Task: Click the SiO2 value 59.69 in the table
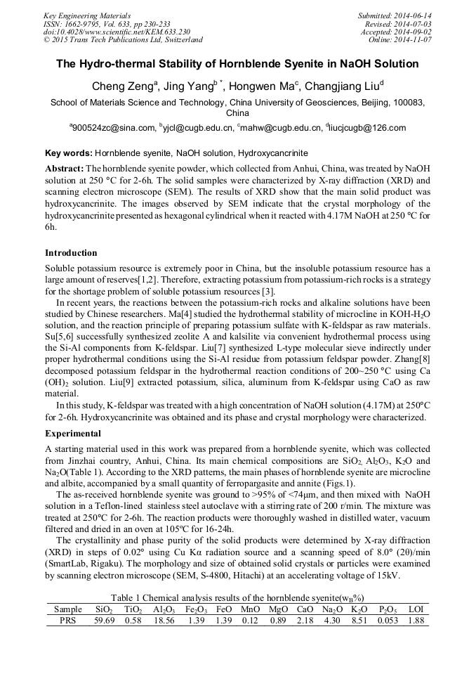(105, 621)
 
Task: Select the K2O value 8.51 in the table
(359, 621)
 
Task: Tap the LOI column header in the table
(416, 609)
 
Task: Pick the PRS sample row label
(67, 621)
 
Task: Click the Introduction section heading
(71, 252)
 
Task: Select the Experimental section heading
(73, 433)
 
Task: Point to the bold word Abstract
(63, 169)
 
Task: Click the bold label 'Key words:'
(68, 153)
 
